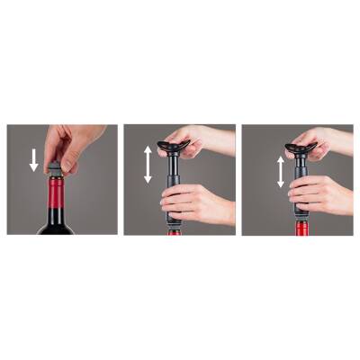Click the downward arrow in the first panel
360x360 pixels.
(34, 160)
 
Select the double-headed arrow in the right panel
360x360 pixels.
(280, 172)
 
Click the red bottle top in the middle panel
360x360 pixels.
(174, 231)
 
